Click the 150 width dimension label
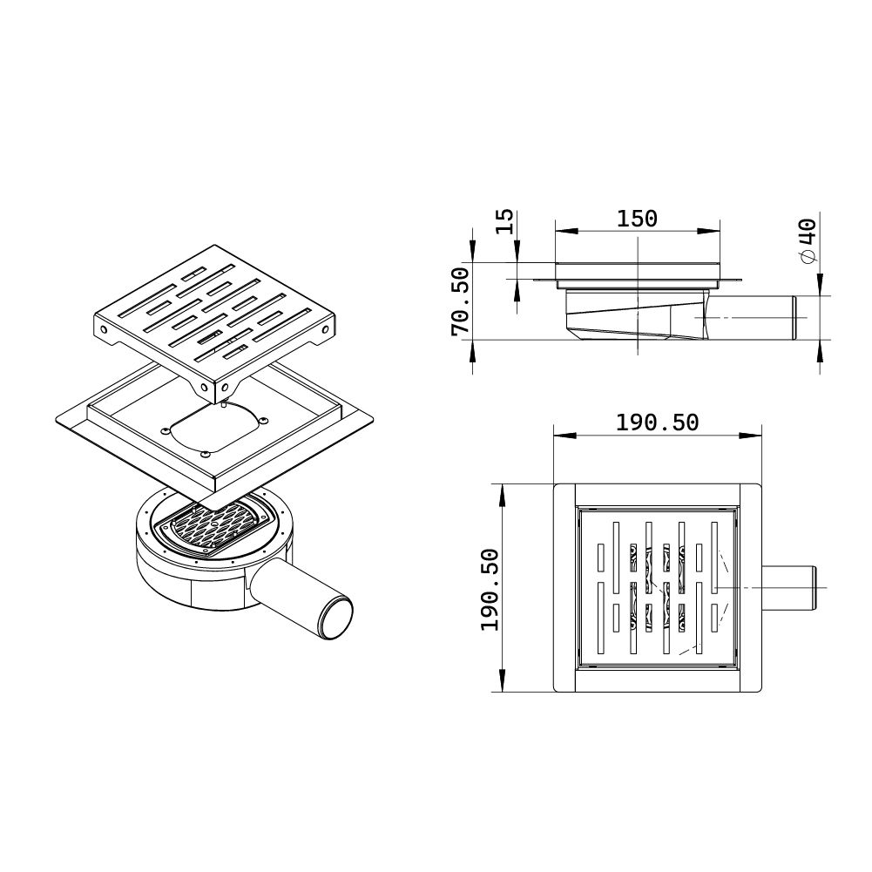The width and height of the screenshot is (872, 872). point(637,219)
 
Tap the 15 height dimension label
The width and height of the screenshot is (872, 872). point(504,221)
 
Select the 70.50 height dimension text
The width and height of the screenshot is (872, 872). point(461,302)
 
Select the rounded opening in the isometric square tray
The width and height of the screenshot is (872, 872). point(214,429)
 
